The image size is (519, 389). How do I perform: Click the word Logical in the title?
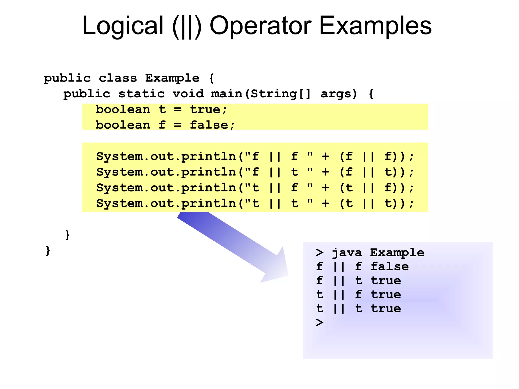[x=123, y=26]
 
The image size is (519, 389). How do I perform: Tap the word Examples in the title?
[x=375, y=26]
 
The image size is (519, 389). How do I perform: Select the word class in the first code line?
[x=118, y=78]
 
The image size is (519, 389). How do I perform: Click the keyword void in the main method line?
[x=188, y=94]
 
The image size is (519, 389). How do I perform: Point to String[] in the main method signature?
[x=281, y=94]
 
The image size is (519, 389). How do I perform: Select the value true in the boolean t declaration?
[x=205, y=109]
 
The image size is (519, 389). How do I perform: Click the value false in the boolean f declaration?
[x=209, y=125]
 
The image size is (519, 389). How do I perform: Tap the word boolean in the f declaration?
[x=123, y=125]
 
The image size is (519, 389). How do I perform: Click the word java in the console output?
[x=347, y=253]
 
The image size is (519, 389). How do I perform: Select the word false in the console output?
[x=390, y=266]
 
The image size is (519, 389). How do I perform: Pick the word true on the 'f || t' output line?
[x=386, y=280]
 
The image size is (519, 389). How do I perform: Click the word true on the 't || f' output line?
[x=386, y=294]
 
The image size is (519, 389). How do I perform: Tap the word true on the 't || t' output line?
[x=386, y=308]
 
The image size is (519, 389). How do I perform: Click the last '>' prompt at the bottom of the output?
[x=320, y=322]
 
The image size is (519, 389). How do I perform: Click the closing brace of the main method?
[x=67, y=235]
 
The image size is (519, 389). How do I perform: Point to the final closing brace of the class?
[x=48, y=250]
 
